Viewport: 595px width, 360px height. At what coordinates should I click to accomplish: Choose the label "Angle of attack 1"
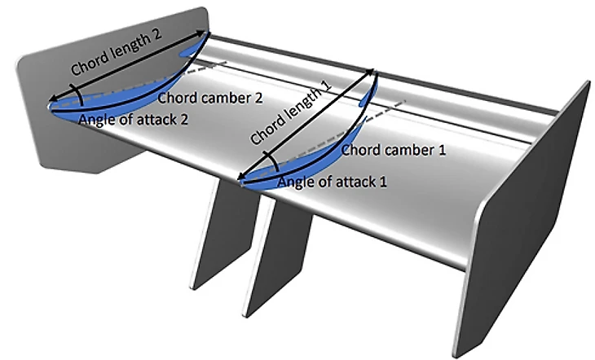pos(330,180)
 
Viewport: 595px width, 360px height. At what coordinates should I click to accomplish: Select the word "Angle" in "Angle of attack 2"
pos(95,120)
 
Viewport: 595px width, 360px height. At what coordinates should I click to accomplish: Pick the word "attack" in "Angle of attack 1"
pos(349,180)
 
